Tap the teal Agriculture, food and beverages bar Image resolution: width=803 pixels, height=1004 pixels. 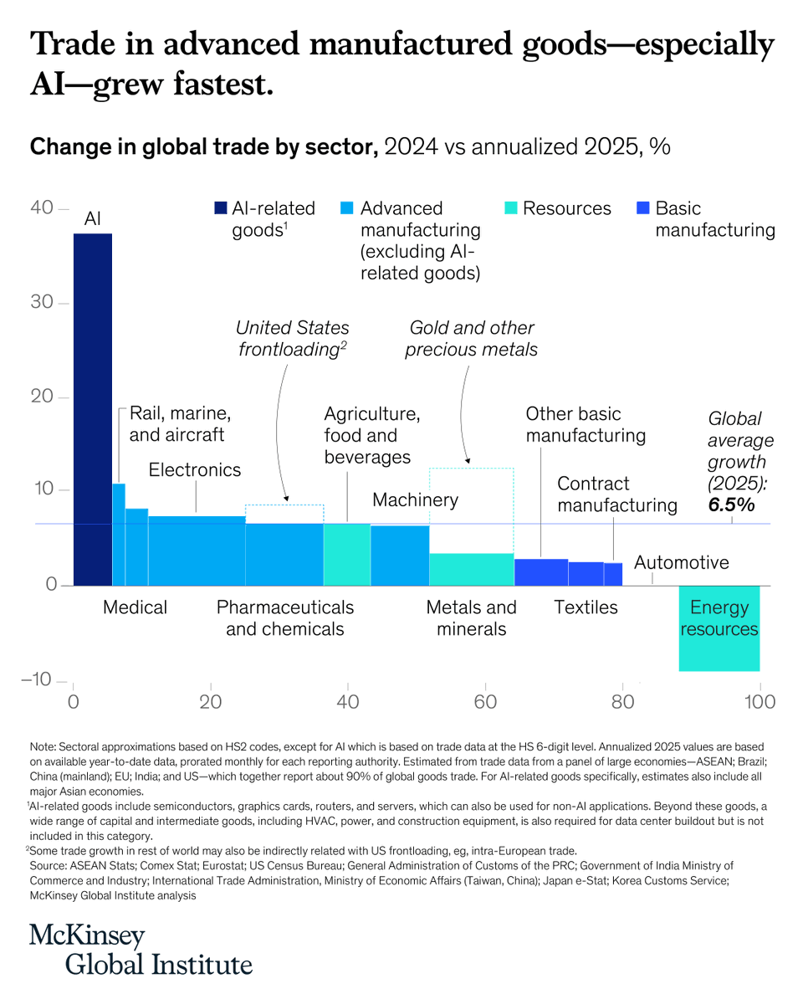click(346, 554)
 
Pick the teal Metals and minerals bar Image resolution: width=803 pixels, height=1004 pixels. click(471, 569)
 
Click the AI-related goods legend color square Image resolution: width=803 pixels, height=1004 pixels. click(221, 208)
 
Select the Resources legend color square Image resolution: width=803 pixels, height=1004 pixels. click(512, 208)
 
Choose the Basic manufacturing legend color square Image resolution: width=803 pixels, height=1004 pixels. click(643, 208)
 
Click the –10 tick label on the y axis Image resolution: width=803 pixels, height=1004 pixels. click(38, 679)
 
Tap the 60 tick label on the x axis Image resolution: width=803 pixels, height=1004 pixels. click(485, 701)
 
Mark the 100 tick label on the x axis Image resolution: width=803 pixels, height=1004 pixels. click(760, 701)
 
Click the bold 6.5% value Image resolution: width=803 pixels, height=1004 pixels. click(732, 505)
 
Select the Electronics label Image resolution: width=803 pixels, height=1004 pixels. click(195, 470)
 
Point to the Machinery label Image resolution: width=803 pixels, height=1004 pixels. click(415, 500)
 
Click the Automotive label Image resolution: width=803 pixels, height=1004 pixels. click(681, 562)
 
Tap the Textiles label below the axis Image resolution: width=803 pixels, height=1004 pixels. click(586, 607)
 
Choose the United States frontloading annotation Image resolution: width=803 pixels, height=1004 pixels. click(292, 339)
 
